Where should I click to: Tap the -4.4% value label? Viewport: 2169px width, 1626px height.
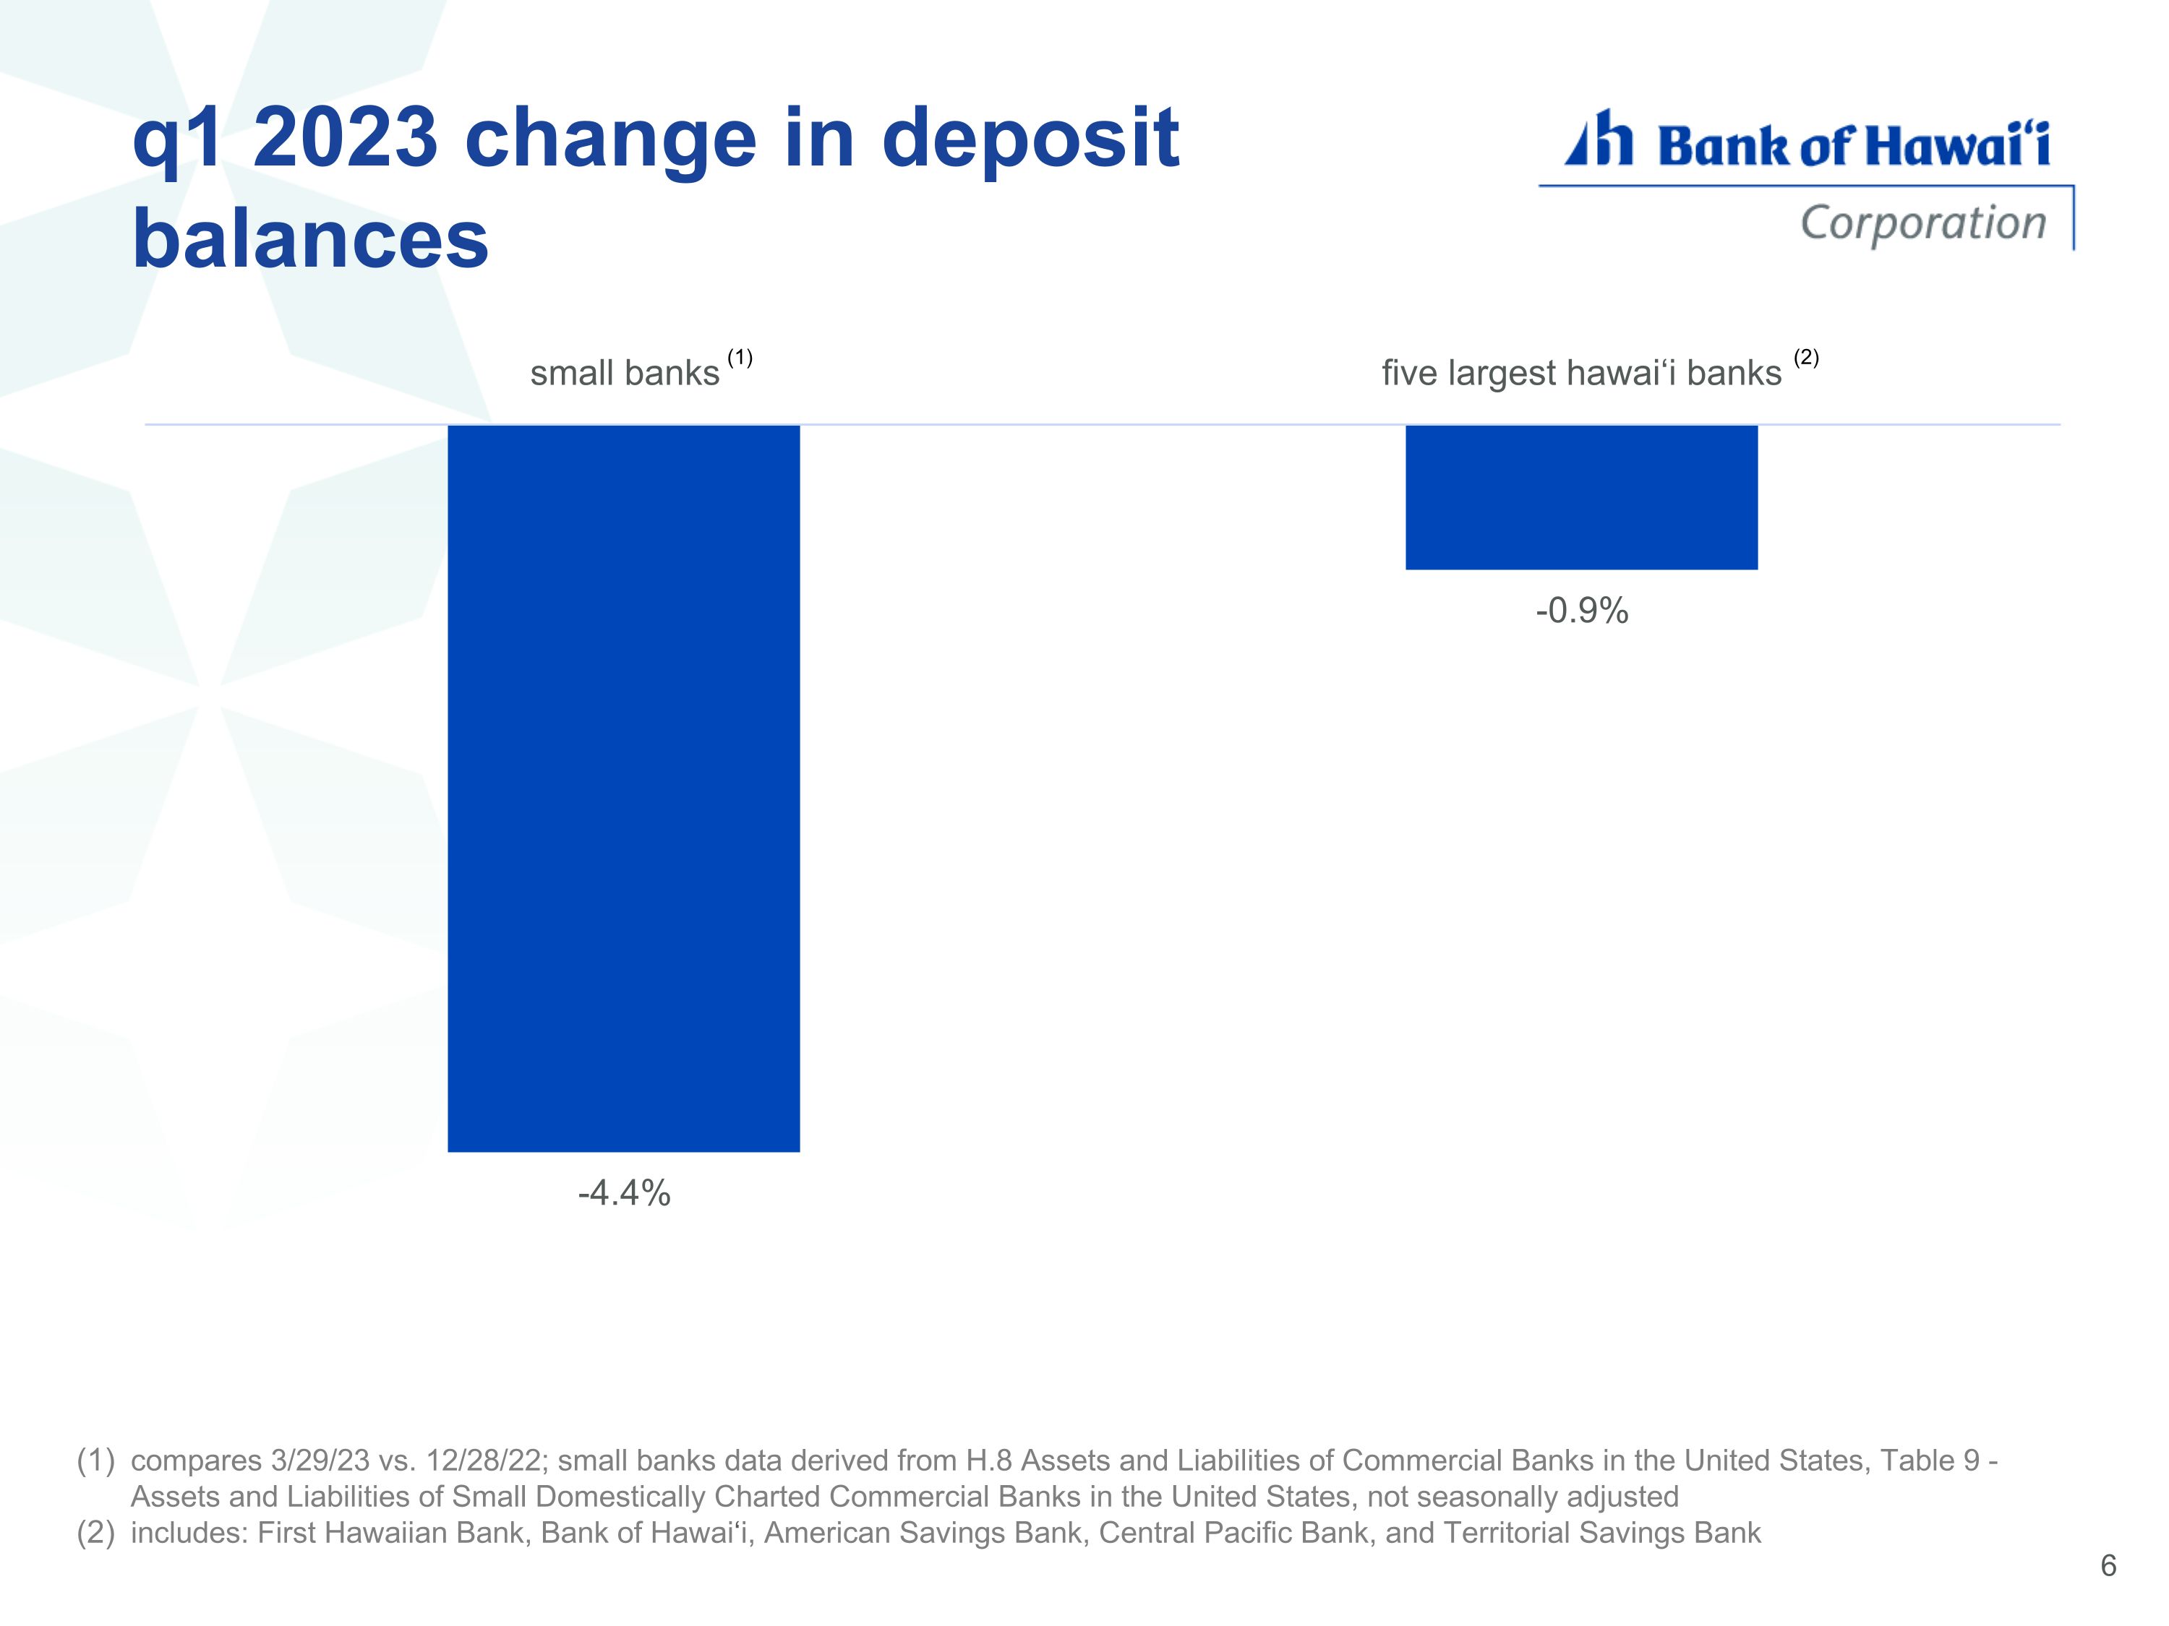coord(624,1193)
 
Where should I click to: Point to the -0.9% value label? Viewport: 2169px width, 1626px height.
coord(1582,611)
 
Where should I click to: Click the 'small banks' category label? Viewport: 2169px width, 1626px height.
coord(625,374)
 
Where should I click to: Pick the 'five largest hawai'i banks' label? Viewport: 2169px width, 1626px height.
coord(1580,374)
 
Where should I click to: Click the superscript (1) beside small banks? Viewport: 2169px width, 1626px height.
coord(740,358)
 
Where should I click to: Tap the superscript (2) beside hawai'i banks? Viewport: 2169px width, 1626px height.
coord(1806,358)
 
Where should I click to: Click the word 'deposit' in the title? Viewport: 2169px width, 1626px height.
coord(1030,139)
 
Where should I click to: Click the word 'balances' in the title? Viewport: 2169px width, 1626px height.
coord(310,239)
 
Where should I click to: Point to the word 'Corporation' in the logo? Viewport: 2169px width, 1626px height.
coord(1923,223)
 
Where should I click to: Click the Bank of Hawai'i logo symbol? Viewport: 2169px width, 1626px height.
coord(1599,140)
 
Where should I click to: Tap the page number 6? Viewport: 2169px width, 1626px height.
coord(2108,1565)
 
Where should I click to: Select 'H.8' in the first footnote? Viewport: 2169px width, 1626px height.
coord(988,1461)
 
